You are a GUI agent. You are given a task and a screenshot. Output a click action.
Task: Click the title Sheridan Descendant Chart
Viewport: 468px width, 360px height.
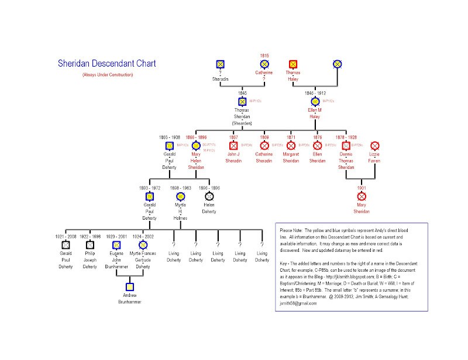pos(106,64)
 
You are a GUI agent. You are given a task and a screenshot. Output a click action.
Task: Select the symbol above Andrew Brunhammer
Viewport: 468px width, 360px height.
pos(129,286)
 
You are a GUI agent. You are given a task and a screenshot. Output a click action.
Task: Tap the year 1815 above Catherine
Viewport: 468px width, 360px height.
pos(264,56)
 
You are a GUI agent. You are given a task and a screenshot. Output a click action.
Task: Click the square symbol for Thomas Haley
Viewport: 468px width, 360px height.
pos(293,64)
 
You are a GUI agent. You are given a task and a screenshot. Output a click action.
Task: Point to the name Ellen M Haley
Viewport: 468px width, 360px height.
pos(315,113)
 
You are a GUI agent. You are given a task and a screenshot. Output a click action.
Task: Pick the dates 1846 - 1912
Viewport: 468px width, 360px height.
pos(315,93)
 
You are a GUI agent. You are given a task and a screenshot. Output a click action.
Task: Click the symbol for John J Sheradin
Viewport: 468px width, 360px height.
pos(233,145)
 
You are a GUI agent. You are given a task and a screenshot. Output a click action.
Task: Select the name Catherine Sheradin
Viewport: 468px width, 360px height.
pos(264,158)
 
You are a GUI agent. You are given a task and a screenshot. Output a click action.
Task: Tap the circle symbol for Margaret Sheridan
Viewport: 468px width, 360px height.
pos(291,145)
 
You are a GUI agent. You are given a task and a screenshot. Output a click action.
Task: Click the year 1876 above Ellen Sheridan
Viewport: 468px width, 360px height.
pos(317,137)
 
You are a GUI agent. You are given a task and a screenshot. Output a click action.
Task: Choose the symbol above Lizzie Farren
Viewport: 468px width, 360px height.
pos(375,145)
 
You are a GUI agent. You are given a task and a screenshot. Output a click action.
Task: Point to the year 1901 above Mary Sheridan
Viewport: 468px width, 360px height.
pos(362,188)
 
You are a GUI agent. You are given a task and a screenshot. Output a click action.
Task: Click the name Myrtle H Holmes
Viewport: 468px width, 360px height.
pos(180,212)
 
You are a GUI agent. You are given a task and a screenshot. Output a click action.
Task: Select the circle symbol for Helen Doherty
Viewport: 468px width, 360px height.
pos(209,196)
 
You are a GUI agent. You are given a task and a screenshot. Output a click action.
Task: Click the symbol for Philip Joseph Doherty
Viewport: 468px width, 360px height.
pos(90,245)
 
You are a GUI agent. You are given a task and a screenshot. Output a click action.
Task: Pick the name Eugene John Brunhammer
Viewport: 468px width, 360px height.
pos(116,261)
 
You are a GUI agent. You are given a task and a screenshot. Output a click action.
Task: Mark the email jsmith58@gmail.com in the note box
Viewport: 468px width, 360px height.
pos(298,304)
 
